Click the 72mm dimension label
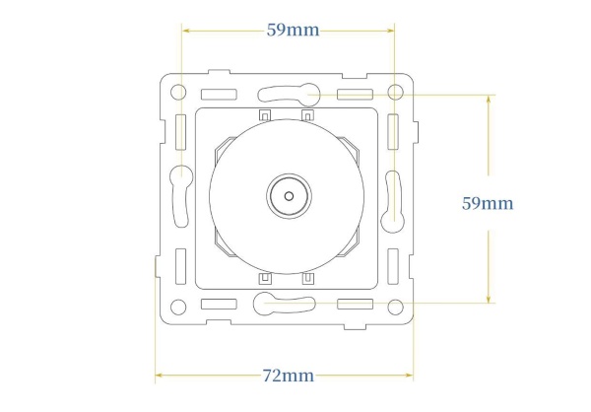[288, 376]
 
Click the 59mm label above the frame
[293, 31]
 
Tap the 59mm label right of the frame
[488, 204]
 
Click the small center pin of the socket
[289, 196]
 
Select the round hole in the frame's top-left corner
[178, 92]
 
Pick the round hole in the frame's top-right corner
[395, 92]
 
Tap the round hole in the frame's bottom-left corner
[178, 308]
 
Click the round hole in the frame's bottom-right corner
[395, 308]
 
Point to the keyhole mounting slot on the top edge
[289, 94]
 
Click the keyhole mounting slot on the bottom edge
[285, 305]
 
